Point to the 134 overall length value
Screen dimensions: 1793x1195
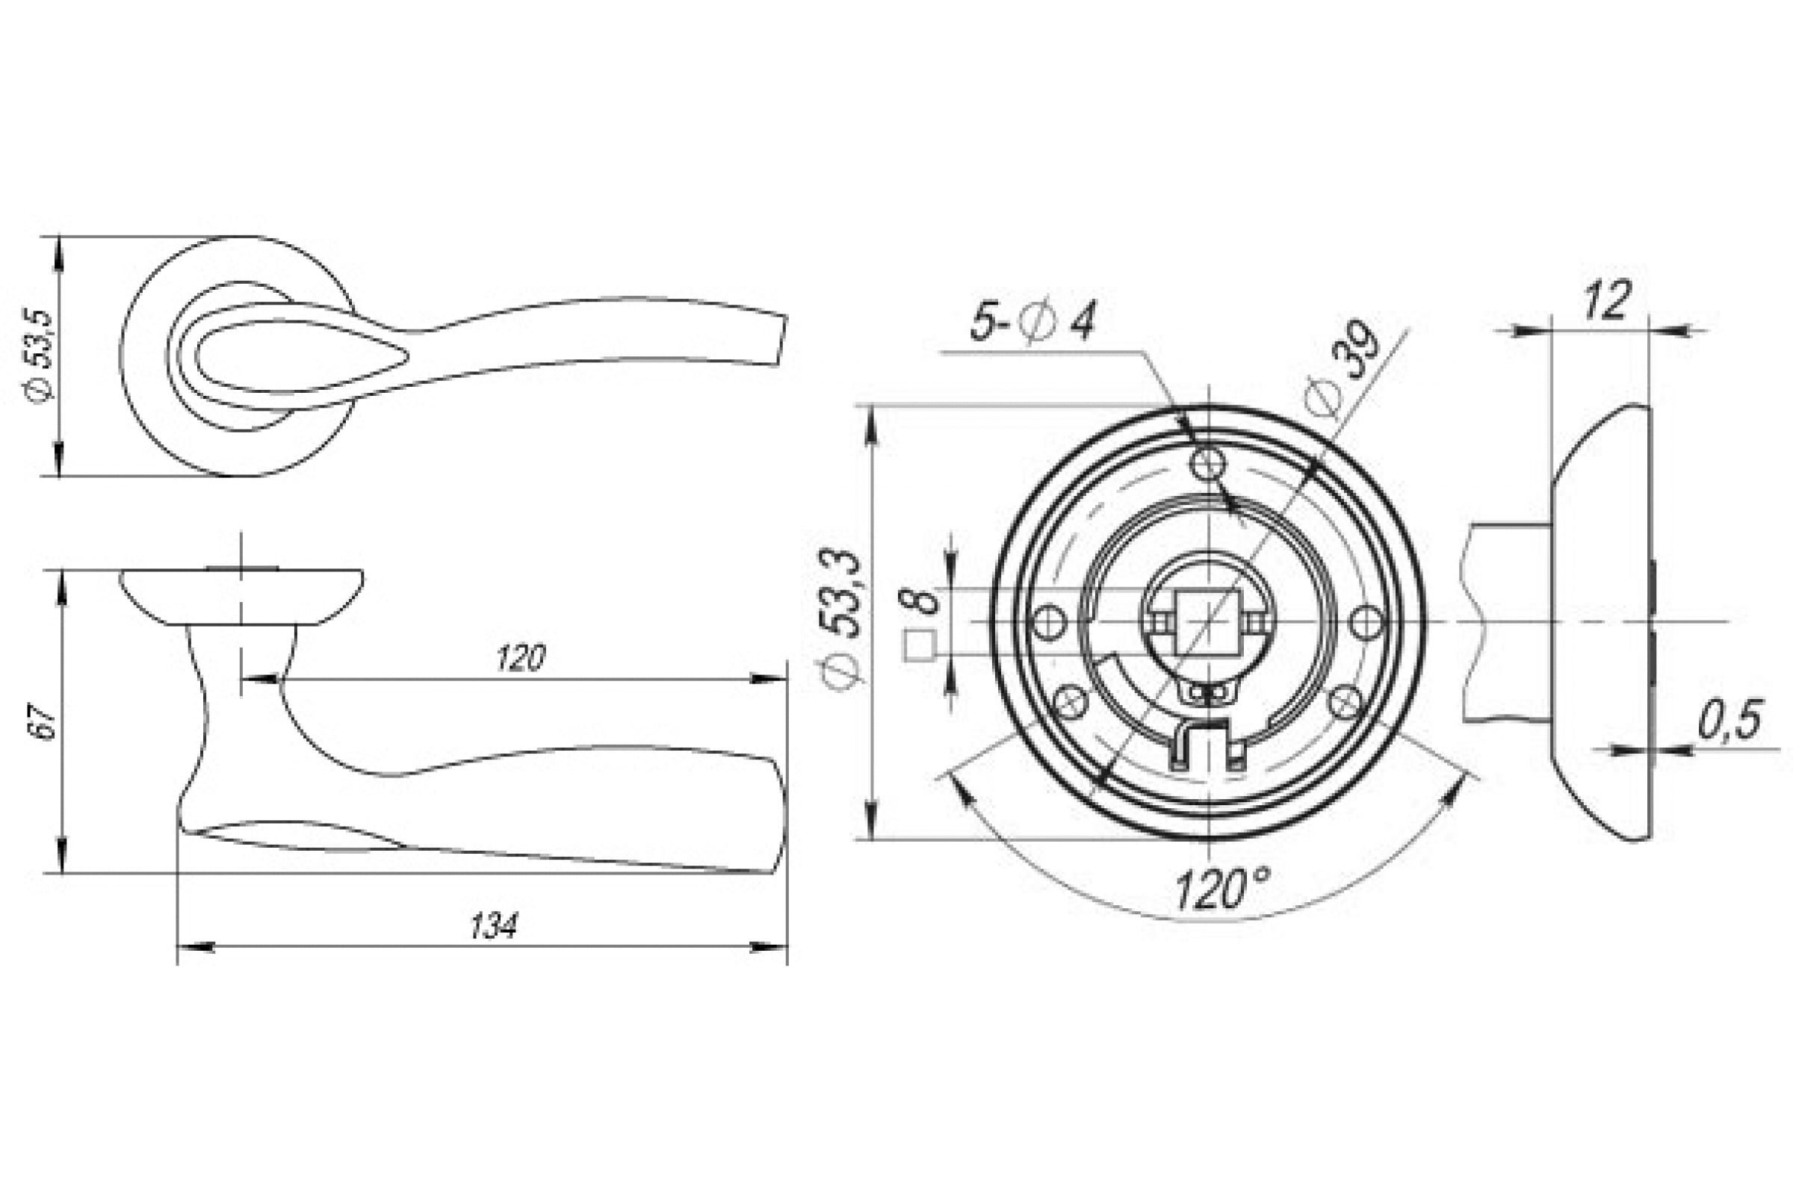493,927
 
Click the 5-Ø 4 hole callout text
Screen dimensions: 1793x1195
1032,322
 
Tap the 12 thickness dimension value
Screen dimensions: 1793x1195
1606,301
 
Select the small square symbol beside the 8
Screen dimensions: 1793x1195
920,647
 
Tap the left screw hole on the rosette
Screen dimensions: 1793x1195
1048,622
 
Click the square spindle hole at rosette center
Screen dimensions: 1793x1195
1207,622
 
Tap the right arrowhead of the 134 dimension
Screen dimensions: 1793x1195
769,947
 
